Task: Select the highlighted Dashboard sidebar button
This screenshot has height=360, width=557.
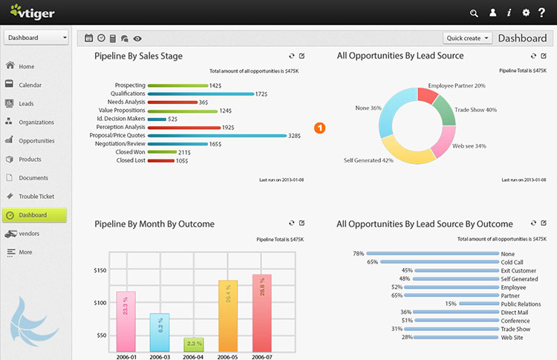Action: [34, 215]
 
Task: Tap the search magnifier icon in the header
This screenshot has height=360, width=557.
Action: [474, 13]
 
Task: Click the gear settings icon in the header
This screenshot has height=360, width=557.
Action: [526, 13]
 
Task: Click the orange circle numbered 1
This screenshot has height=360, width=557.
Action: [319, 128]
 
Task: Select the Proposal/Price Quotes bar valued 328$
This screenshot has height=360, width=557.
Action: [217, 136]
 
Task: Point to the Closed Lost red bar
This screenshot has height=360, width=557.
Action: [161, 161]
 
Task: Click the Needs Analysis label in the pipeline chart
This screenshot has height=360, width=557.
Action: [126, 102]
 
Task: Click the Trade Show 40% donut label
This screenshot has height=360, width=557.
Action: [475, 110]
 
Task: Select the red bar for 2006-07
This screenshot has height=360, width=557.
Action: [262, 312]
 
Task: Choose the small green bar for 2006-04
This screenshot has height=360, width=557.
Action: [194, 344]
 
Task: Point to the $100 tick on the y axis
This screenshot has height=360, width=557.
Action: [100, 303]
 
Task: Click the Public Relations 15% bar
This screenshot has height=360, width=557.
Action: [479, 304]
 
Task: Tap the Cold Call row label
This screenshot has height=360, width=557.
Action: [512, 262]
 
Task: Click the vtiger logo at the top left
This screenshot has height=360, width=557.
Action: [33, 12]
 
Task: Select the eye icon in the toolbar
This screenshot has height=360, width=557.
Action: [137, 39]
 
